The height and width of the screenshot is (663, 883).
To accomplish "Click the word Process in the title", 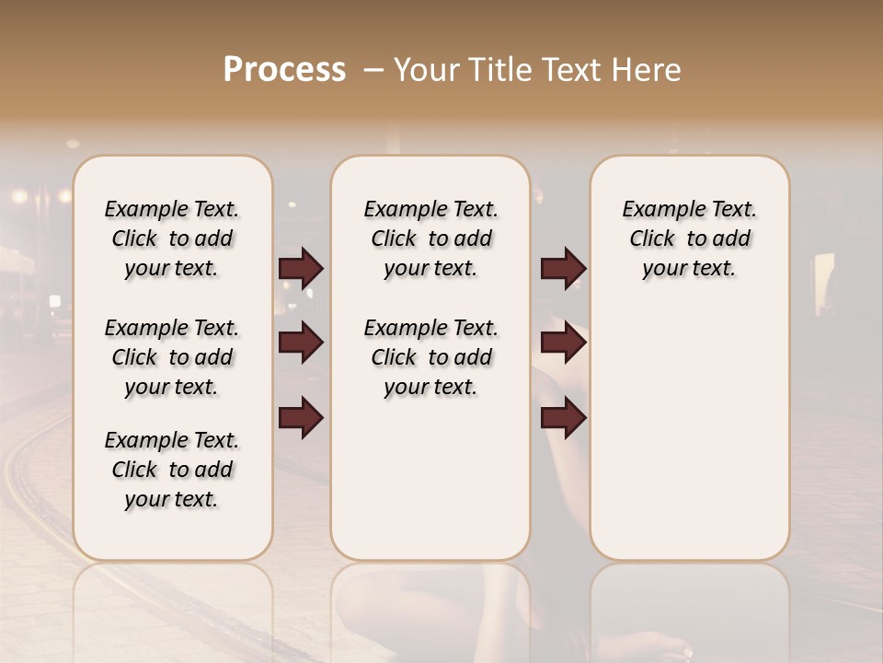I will click(x=284, y=70).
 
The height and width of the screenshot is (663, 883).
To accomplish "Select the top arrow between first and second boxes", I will click(x=301, y=268).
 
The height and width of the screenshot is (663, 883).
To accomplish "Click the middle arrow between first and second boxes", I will click(x=301, y=343).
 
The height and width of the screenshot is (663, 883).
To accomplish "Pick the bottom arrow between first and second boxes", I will click(x=301, y=418).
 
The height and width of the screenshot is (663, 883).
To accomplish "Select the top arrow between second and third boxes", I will click(x=563, y=268).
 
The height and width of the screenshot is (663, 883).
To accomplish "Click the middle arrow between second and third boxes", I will click(x=563, y=343).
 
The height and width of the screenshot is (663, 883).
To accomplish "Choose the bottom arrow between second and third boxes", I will click(x=563, y=418).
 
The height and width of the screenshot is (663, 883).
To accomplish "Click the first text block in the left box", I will click(x=172, y=238).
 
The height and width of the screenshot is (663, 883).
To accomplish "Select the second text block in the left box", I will click(x=172, y=357).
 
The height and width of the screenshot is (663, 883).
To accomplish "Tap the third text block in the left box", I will click(x=172, y=470).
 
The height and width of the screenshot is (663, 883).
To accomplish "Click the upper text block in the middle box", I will click(x=430, y=238).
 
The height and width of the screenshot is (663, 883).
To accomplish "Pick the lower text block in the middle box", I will click(x=430, y=357).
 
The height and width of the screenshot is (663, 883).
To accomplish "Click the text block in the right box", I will click(x=689, y=238).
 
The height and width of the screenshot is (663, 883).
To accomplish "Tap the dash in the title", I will click(x=373, y=70).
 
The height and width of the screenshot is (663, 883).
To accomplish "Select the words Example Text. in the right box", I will click(x=689, y=210).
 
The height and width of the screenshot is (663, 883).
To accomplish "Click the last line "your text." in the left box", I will click(x=172, y=499).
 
